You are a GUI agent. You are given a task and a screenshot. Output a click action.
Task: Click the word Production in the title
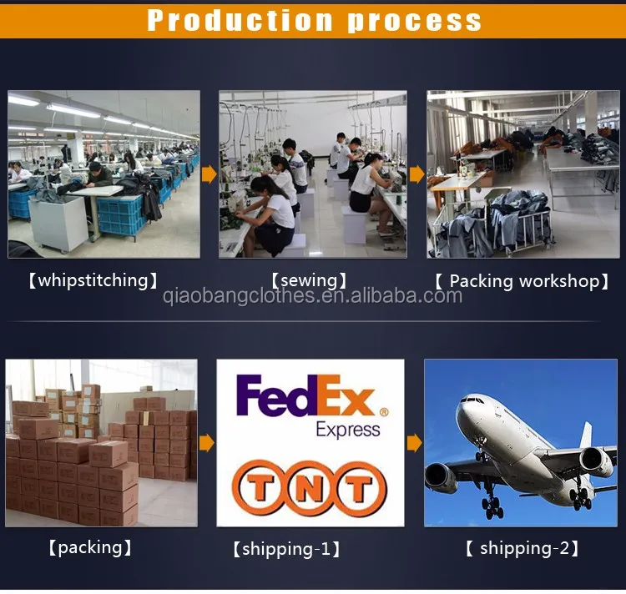coord(240,20)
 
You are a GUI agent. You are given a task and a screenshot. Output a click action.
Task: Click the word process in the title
coord(414,23)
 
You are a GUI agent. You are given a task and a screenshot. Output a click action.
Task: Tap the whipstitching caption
coord(93,280)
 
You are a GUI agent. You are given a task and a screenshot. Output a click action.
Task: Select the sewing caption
coord(309,281)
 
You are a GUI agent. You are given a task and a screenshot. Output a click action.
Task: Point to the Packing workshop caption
coord(522,281)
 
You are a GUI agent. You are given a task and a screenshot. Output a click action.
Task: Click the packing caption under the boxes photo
coord(90,548)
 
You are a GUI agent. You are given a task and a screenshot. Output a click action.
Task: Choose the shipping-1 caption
coord(286,549)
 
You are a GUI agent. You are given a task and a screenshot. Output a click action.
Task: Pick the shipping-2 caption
coord(522,548)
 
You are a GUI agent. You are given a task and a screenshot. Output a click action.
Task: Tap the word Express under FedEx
coord(348,430)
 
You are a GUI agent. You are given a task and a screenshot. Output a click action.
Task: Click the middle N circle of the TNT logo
coord(309,487)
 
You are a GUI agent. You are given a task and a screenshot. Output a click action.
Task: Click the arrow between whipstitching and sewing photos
coord(210,174)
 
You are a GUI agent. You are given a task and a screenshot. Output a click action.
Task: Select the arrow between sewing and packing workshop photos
coord(417,174)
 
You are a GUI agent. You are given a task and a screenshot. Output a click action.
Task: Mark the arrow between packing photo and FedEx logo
coord(207,443)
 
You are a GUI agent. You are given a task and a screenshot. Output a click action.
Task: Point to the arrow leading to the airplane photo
coord(414,443)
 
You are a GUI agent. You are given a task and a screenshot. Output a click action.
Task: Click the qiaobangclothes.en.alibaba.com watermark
coord(313,296)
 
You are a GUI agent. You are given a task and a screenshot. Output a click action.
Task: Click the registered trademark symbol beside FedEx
coord(384,412)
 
